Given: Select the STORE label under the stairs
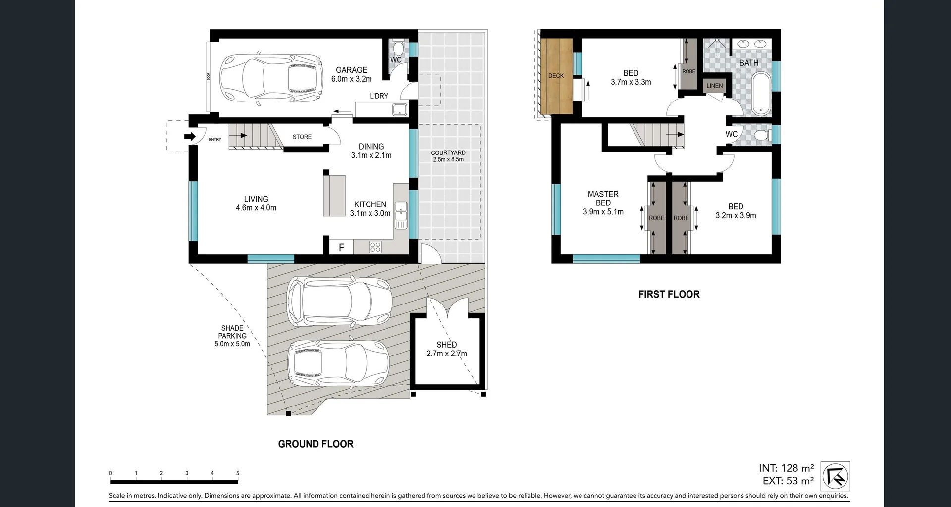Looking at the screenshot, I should [x=302, y=137].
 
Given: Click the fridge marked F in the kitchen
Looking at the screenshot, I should [x=341, y=247].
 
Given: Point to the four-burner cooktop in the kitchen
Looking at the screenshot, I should [x=375, y=247].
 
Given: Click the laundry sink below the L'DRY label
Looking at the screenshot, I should [x=399, y=109].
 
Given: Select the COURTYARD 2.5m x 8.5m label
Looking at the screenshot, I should [x=448, y=156].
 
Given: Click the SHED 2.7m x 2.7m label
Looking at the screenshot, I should [x=446, y=349].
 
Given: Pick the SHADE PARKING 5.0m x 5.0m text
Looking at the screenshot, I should [x=232, y=336].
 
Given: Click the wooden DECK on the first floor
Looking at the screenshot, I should [x=556, y=76].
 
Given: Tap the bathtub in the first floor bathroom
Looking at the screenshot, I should [x=761, y=94].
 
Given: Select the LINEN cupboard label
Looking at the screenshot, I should [x=714, y=86].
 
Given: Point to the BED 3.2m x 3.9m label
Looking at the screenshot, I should [x=736, y=211].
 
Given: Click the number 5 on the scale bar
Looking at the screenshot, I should [x=238, y=473].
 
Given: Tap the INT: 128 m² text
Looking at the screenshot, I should [x=786, y=468].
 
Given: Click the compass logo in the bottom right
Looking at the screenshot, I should [x=835, y=476].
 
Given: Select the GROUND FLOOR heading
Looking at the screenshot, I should [x=316, y=444].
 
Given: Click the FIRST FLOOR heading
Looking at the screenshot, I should [x=669, y=294].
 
